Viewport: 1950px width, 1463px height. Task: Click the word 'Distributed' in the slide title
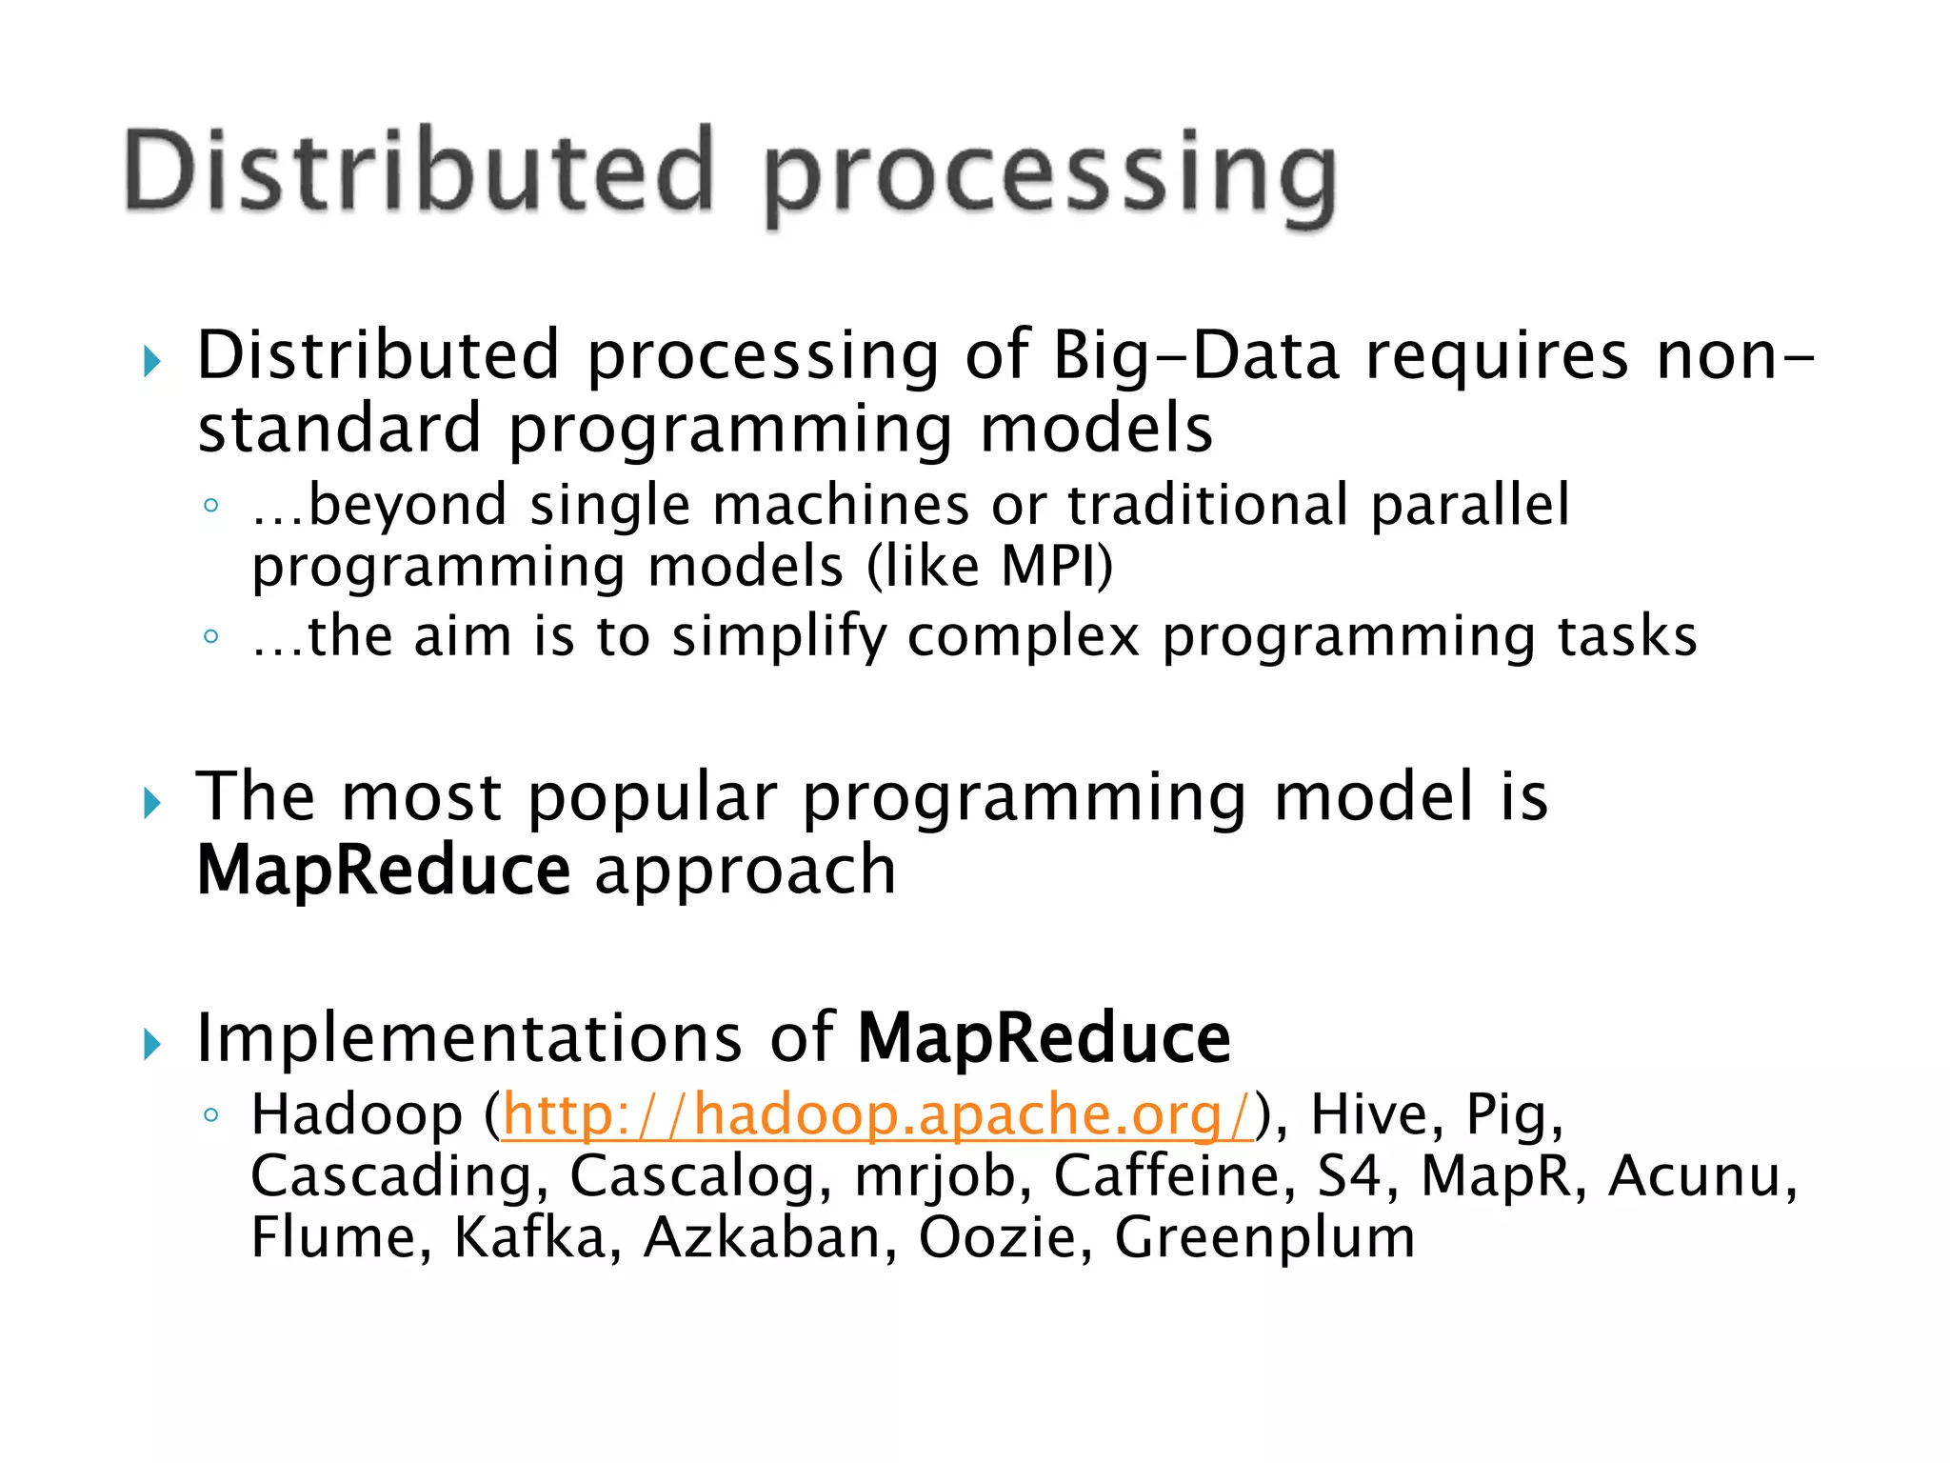point(419,171)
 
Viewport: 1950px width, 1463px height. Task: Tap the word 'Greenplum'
point(1264,1239)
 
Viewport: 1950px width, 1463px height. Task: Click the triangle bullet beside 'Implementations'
point(151,1045)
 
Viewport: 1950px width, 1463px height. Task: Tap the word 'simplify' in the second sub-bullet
point(778,637)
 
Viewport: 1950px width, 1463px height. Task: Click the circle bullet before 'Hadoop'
point(211,1113)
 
